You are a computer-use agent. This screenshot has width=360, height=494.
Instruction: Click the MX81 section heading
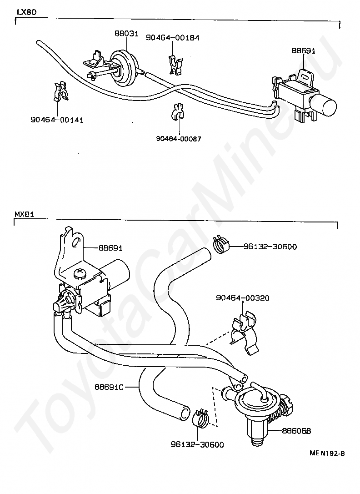point(23,214)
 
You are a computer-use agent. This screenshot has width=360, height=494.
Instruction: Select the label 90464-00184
point(173,38)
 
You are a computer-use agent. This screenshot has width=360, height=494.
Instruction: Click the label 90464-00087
point(179,138)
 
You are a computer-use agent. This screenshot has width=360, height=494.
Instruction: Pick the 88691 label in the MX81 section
point(110,248)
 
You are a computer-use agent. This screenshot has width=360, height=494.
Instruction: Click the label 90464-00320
point(243,298)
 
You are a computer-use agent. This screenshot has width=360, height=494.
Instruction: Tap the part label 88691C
point(110,387)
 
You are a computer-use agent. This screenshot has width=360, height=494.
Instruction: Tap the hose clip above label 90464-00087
point(177,111)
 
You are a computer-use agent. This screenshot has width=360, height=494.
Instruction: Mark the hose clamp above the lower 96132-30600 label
point(200,418)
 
